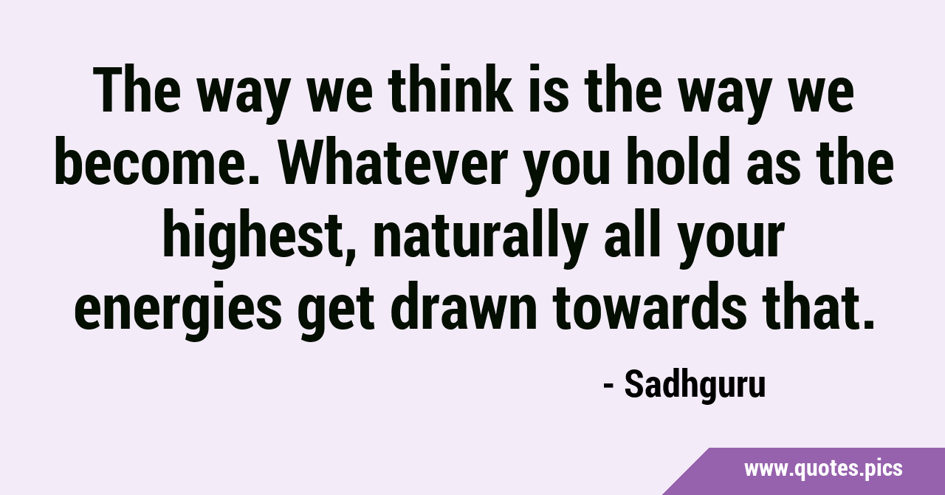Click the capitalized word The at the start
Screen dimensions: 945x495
click(137, 90)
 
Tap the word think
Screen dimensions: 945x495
click(450, 89)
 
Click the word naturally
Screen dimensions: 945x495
click(480, 233)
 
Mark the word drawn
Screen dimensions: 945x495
click(464, 305)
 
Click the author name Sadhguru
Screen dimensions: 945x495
click(695, 386)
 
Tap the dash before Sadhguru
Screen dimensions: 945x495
click(608, 386)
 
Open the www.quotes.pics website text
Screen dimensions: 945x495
click(823, 469)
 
